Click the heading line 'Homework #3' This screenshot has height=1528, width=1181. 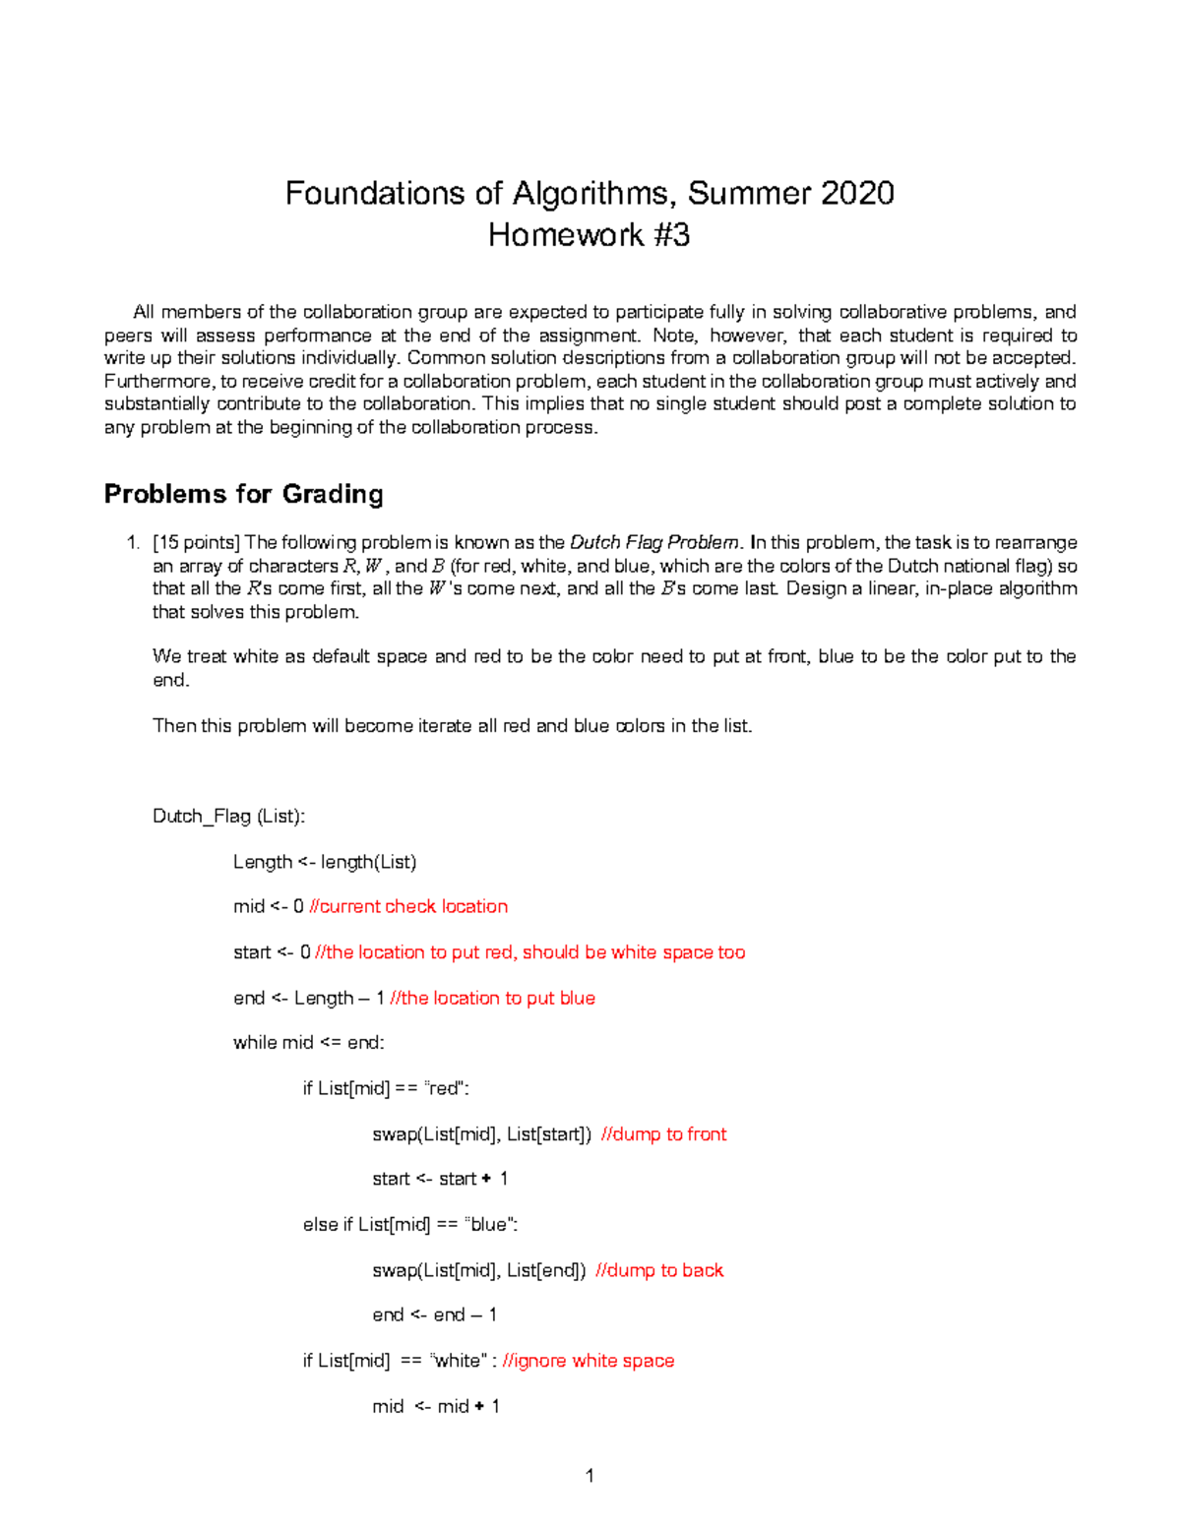click(589, 235)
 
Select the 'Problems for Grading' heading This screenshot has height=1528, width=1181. click(243, 493)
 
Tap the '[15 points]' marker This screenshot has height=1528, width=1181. click(197, 542)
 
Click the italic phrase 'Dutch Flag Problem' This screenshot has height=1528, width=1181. click(654, 542)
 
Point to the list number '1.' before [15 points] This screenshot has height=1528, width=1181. click(133, 542)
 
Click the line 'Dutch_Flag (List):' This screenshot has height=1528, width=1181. click(228, 816)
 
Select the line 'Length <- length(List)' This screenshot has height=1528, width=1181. click(325, 862)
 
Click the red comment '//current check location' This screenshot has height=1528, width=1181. click(408, 906)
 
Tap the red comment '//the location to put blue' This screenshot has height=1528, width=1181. click(492, 998)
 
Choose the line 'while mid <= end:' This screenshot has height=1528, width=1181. click(308, 1042)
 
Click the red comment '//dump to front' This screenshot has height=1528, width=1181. click(663, 1133)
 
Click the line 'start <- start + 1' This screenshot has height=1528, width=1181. click(440, 1179)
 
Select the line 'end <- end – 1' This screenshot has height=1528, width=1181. click(434, 1314)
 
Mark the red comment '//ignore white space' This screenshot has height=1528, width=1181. click(589, 1361)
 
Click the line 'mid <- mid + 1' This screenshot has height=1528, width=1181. click(436, 1406)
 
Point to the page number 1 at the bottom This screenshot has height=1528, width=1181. click(590, 1475)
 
